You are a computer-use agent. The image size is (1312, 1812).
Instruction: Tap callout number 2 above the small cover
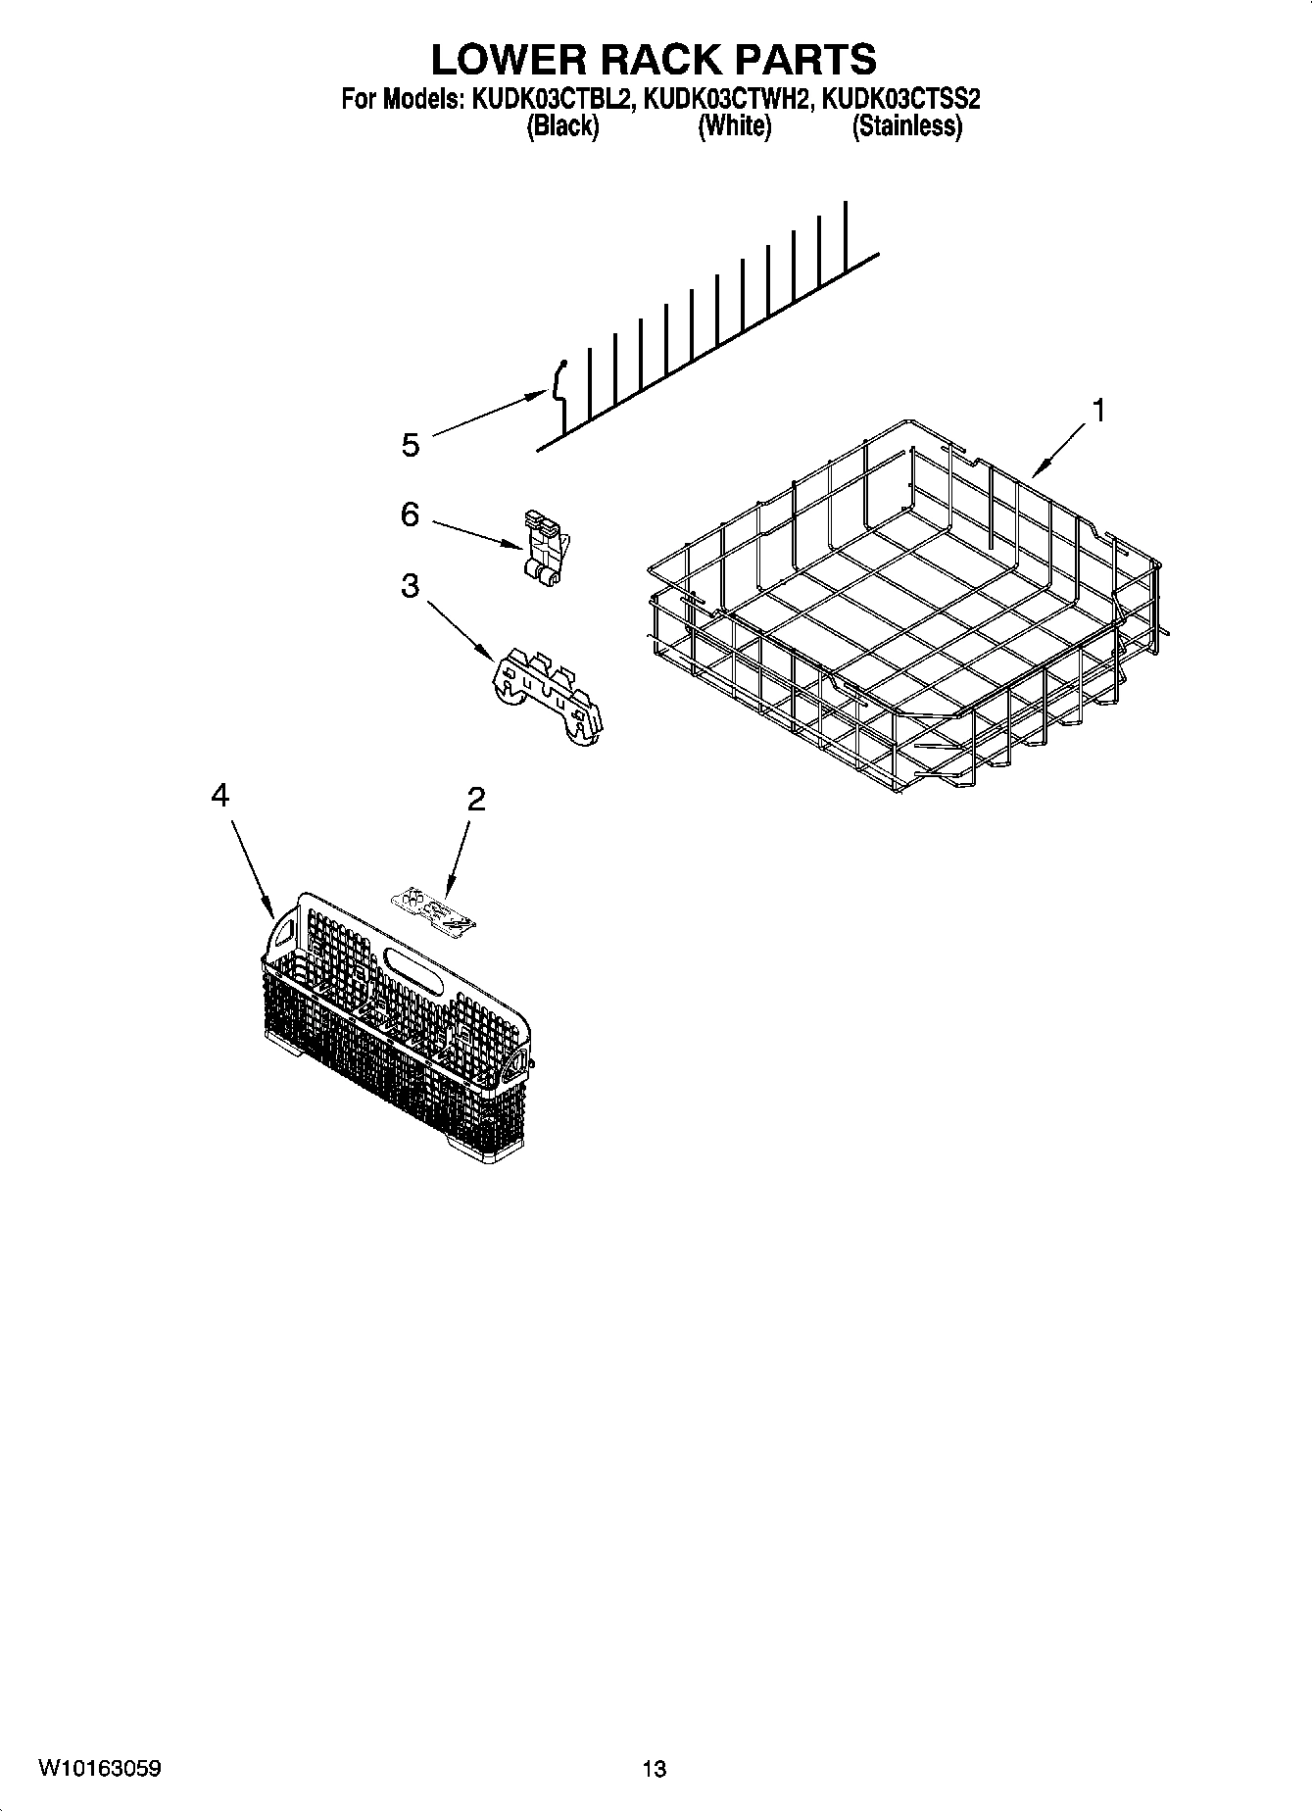coord(475,800)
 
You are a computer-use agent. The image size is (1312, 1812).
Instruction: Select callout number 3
coord(410,586)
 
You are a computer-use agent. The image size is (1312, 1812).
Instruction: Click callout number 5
coord(411,445)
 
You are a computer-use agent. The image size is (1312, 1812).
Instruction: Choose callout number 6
coord(410,514)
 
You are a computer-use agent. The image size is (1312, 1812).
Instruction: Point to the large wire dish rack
coord(901,608)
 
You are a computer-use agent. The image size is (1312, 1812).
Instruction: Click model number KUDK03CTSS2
coord(901,99)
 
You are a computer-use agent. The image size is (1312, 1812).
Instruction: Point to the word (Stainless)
coord(906,125)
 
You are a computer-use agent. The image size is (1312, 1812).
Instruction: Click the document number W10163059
coord(99,1768)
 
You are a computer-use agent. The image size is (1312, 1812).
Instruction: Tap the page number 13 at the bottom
coord(655,1769)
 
